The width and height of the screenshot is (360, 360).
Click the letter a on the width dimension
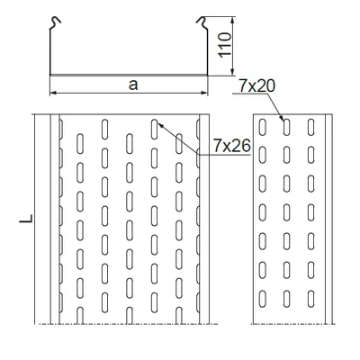coord(133,84)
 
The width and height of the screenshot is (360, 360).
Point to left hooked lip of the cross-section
coord(54,19)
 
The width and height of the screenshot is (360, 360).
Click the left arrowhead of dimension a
coord(51,92)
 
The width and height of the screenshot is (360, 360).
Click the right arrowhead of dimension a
coord(205,92)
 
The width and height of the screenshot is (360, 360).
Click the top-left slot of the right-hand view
coord(264,127)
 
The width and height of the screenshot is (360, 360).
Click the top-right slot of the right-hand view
coord(311,127)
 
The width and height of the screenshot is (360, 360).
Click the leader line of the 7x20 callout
coord(273,104)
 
